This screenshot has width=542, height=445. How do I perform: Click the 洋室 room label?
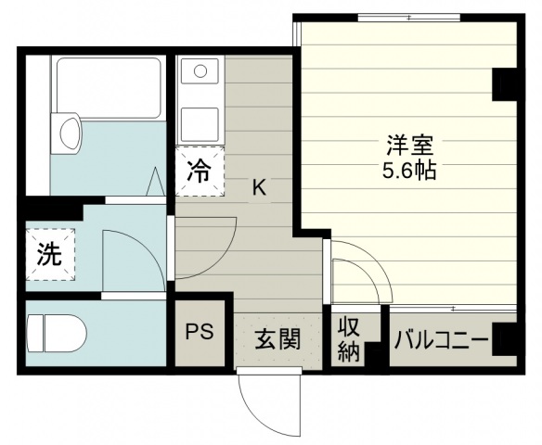pos(409,146)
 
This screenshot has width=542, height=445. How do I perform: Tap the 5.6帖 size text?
pos(409,170)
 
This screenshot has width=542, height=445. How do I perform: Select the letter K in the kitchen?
pos(259,188)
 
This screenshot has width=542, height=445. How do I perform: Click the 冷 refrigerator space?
pos(200,172)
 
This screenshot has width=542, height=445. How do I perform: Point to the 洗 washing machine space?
pos(50,254)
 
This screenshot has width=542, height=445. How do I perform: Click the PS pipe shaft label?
pos(200,332)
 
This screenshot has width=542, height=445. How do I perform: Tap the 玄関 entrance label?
pos(277,339)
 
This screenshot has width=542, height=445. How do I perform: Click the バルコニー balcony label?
pos(442,340)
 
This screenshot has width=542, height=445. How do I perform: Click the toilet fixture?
pos(57,333)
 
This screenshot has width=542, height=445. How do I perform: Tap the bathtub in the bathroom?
pos(109,88)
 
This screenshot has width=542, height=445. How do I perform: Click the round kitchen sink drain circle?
pos(200,71)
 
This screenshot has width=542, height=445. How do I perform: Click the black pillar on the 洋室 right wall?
pos(504,84)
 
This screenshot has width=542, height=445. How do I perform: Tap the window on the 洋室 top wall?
pos(408,18)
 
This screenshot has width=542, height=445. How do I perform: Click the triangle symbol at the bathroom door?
pos(155,182)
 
